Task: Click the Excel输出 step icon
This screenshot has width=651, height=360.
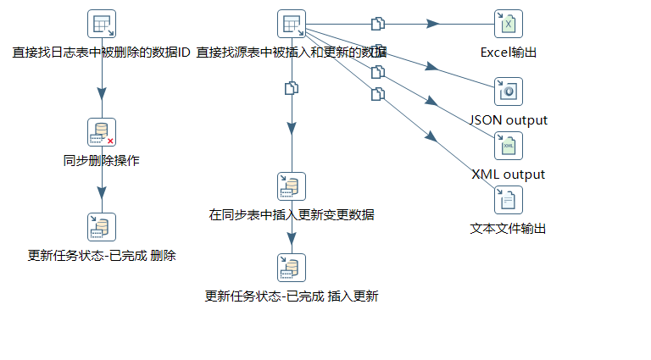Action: [x=509, y=24]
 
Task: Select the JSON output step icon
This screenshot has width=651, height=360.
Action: [x=509, y=91]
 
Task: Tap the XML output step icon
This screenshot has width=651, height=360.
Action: [x=509, y=146]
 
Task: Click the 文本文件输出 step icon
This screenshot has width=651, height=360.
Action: [x=509, y=200]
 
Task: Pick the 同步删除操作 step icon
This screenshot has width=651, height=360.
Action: [x=102, y=132]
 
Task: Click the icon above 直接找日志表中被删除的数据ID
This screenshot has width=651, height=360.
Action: [x=102, y=24]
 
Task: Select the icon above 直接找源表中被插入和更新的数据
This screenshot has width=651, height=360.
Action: [x=292, y=24]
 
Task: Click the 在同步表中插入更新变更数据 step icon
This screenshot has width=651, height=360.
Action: [x=292, y=186]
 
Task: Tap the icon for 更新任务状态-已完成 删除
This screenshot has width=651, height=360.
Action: [x=102, y=227]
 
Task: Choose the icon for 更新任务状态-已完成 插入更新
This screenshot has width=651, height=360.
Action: [x=292, y=268]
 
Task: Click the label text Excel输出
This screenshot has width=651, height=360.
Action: [x=509, y=53]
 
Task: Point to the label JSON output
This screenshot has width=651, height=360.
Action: [x=509, y=120]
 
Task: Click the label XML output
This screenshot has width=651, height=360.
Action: [x=509, y=174]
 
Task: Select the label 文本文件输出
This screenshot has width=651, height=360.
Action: [x=509, y=229]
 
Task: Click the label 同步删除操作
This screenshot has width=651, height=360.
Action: [x=102, y=161]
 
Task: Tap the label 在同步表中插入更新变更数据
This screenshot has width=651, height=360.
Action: [x=292, y=215]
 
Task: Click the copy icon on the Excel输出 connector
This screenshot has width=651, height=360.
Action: [x=378, y=23]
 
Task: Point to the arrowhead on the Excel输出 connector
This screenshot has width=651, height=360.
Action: [x=432, y=24]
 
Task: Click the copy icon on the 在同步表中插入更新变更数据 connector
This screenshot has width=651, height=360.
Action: [x=292, y=87]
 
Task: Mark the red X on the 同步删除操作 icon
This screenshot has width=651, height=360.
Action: [x=110, y=141]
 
